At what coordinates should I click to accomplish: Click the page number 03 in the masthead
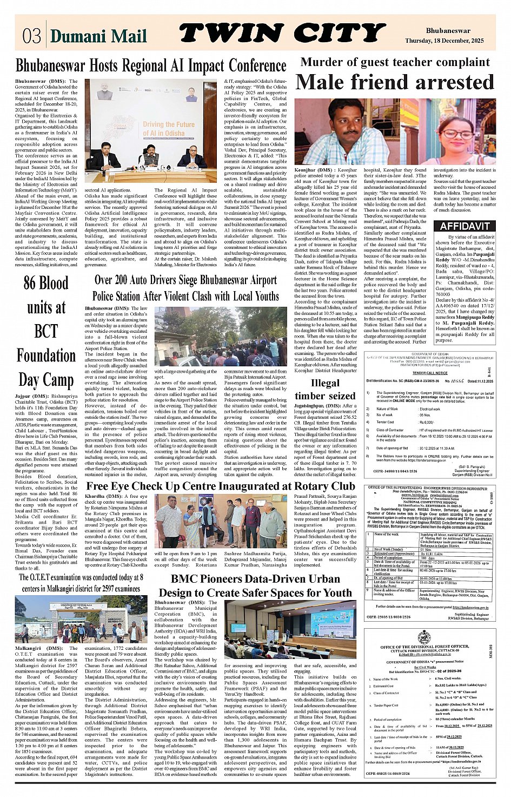pos(32,35)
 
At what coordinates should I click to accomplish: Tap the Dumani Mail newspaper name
pos(98,36)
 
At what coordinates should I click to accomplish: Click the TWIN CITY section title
pos(282,33)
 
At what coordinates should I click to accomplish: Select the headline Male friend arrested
pos(395,82)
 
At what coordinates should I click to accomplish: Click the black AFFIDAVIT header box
pos(472,226)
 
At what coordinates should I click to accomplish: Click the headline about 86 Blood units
pos(46,331)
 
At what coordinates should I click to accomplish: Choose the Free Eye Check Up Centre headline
pos(221,486)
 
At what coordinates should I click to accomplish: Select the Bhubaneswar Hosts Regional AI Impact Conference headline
pos(151,65)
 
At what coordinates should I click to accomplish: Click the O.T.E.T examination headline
pos(81,583)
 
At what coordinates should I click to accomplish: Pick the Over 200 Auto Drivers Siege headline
pos(185,288)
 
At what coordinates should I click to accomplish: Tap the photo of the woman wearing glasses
pos(462,133)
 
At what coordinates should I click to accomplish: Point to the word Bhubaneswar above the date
pos(448,31)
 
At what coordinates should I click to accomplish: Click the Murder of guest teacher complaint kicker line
pos(395,62)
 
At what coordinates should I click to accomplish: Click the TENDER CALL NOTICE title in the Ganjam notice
pos(430,373)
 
